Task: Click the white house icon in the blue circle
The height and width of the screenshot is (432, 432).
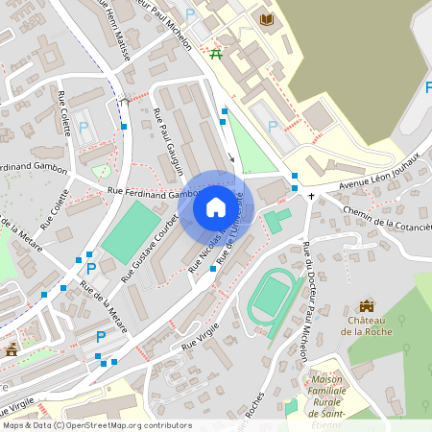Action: click(216, 207)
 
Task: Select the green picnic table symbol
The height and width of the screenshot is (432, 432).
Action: click(216, 54)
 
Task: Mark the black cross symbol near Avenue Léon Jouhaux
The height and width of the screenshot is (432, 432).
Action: click(310, 196)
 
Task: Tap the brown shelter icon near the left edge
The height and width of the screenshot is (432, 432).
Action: click(12, 350)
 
